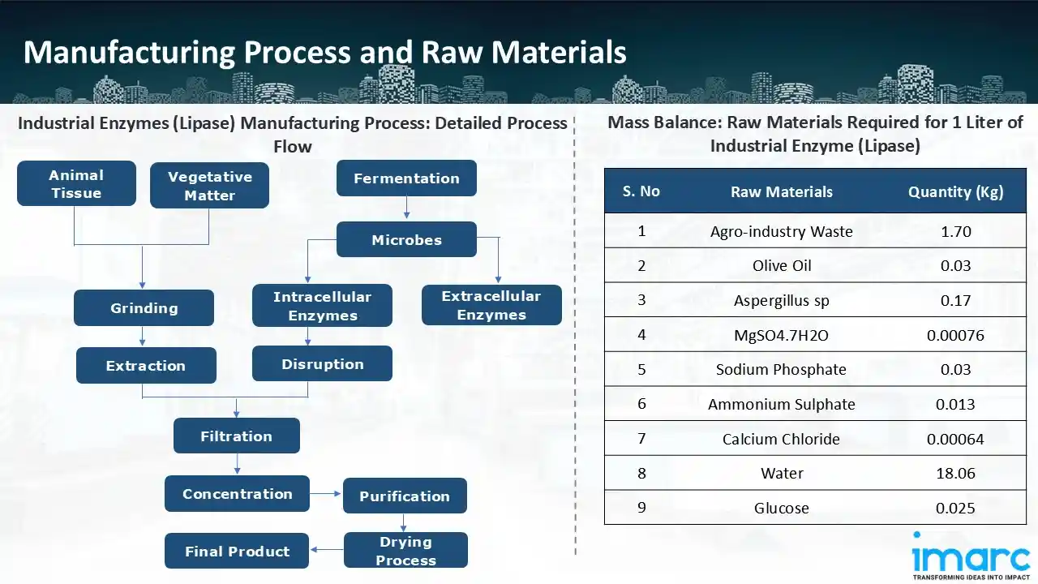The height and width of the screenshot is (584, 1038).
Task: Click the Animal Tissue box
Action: point(76,183)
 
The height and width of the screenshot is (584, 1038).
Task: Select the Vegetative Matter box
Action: point(209,186)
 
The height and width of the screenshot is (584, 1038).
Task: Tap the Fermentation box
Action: point(406,178)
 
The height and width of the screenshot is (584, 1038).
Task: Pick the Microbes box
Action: point(406,240)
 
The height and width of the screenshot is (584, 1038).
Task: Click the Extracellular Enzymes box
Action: point(491,305)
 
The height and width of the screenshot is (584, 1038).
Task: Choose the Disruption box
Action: point(322,364)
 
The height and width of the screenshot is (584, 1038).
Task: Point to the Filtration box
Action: point(236,436)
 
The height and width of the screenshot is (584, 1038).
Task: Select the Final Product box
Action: point(237,552)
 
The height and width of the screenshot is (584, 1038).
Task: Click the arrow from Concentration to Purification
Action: point(326,493)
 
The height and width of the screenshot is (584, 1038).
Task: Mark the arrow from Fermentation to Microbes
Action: point(406,209)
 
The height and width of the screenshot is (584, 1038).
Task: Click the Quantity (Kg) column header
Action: point(955,192)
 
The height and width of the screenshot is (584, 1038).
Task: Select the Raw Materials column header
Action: point(781,192)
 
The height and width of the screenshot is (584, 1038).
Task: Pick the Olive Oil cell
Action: point(781,266)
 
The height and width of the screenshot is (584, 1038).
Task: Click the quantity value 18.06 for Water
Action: point(955,473)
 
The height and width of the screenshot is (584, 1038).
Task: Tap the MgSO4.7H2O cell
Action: point(781,335)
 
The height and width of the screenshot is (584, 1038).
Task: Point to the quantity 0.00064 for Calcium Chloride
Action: point(955,439)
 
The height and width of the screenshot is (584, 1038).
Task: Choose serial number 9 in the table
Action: point(641,508)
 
